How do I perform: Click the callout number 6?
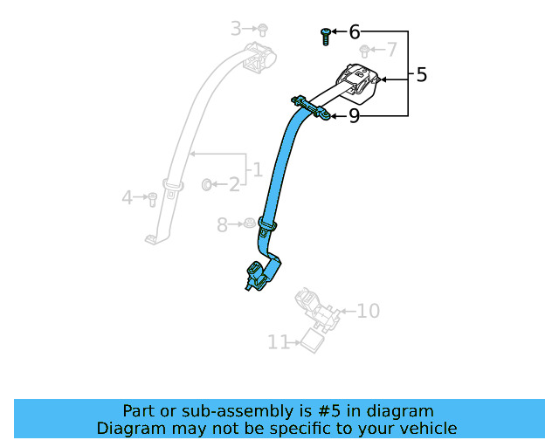coord(355,32)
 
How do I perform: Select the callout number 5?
coord(421,75)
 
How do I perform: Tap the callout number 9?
coord(354,116)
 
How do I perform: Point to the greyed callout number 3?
coord(236,29)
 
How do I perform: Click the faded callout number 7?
coord(391,49)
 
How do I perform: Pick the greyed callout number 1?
coord(258,169)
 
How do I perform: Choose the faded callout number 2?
coord(234,184)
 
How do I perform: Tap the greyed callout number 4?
coord(128,197)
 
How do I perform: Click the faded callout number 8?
coord(222,225)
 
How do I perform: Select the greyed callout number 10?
coord(369,311)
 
